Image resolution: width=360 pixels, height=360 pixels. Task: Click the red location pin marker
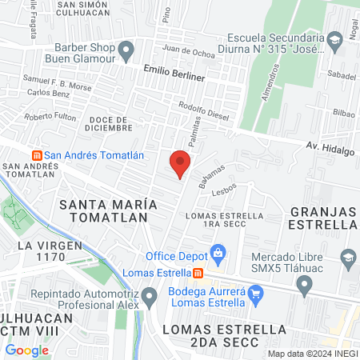click(180, 164)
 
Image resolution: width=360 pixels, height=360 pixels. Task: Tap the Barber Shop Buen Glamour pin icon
click(126, 52)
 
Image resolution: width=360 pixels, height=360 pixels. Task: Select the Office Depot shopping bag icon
click(217, 255)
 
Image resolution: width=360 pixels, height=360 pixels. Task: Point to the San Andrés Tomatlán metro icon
click(35, 154)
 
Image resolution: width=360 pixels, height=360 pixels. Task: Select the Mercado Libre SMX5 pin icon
click(348, 258)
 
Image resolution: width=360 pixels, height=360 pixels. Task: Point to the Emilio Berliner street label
click(174, 74)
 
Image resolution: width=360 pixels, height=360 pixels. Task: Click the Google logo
click(27, 350)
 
